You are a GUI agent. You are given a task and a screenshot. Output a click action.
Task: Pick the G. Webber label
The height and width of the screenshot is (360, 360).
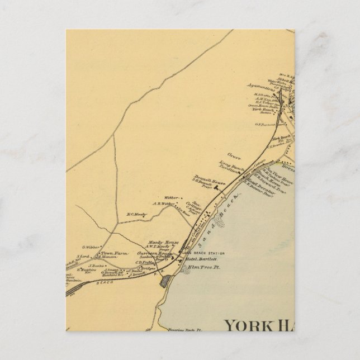tap(91, 247)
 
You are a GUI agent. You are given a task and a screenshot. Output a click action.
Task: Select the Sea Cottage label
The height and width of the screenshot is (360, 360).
tap(197, 205)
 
